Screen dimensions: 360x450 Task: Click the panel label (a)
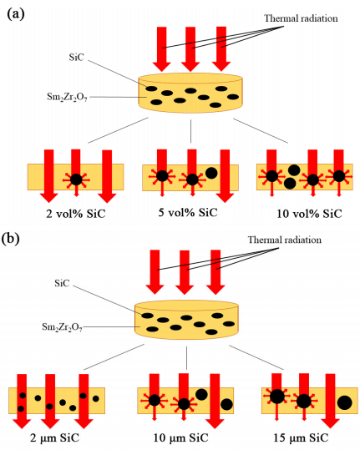pos(16,13)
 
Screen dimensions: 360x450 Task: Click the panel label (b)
pos(10,239)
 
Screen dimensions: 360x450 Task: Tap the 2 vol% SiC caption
pos(76,214)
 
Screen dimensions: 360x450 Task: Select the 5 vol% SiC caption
pos(188,212)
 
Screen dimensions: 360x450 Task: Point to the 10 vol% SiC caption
pos(310,214)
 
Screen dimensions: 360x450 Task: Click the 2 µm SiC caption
pos(54,438)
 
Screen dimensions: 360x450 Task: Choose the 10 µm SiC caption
pos(180,438)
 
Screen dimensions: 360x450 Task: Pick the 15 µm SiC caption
pos(301,438)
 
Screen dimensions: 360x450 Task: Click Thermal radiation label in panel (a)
pos(301,18)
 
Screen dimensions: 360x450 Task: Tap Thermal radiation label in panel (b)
pos(285,240)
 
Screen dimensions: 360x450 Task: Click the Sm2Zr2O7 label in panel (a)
pos(67,97)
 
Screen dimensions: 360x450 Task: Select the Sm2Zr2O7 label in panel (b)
pos(62,327)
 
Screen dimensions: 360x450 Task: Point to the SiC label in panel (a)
pos(77,57)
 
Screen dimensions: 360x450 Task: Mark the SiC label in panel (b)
pos(62,283)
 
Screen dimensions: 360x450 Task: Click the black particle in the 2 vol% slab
pos(76,179)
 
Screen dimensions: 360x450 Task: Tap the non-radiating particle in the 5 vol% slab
pos(211,173)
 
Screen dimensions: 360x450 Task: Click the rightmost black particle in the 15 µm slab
pos(344,402)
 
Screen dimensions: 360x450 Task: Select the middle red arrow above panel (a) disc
pos(190,49)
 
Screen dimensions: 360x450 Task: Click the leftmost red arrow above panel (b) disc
pos(155,272)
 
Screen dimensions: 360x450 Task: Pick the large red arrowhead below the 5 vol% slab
pos(225,196)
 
